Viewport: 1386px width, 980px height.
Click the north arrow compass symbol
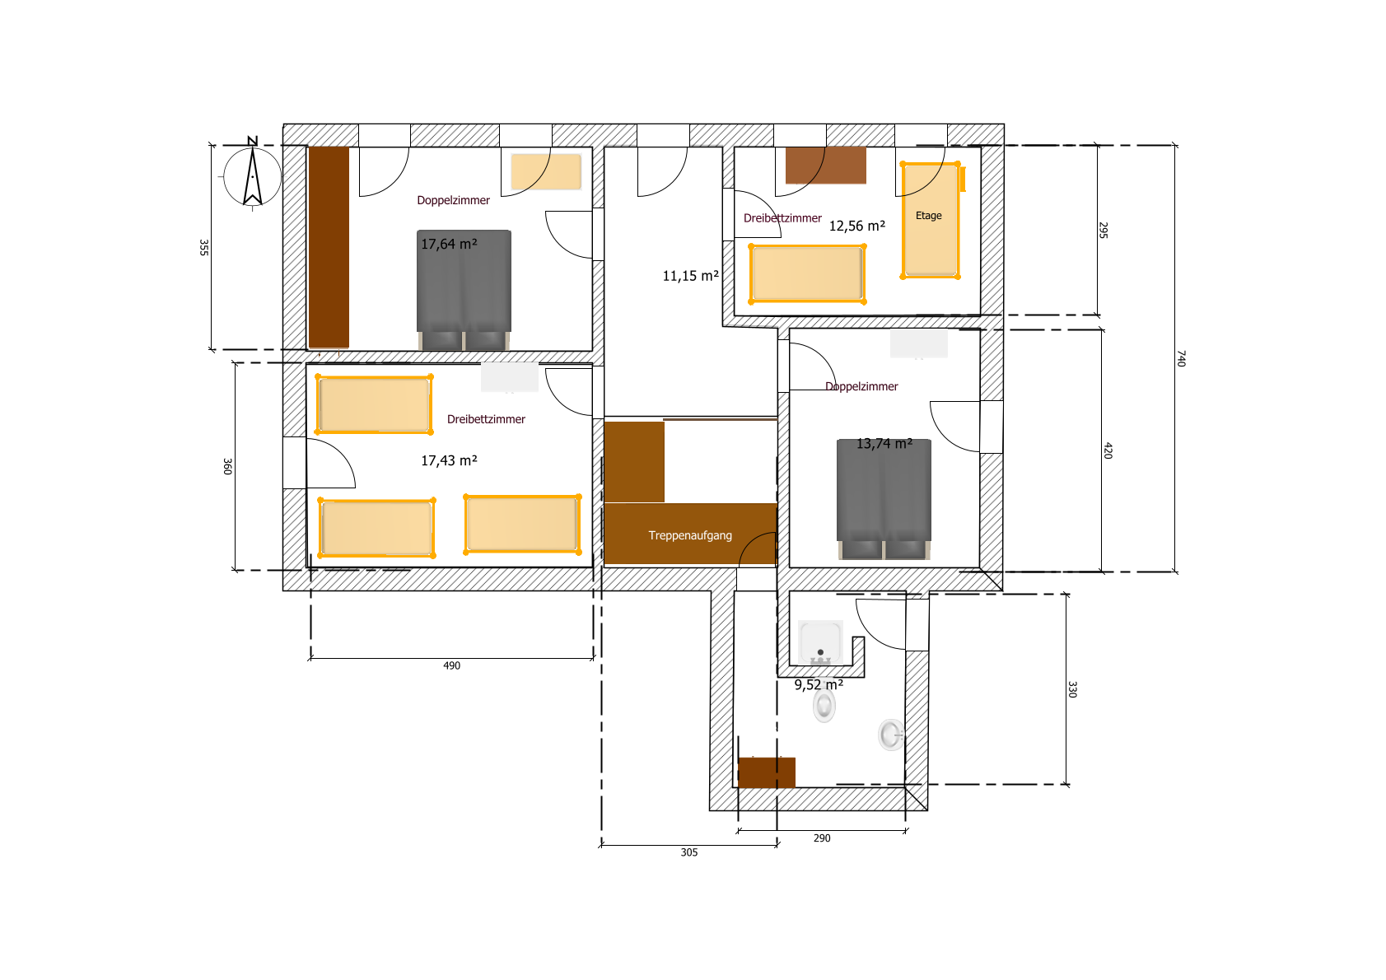coord(253,175)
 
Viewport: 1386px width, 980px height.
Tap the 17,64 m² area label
coord(449,244)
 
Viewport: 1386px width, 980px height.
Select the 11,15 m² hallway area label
coord(690,276)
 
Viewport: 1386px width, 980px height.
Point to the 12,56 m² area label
coord(857,226)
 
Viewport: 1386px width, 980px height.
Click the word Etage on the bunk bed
coord(929,215)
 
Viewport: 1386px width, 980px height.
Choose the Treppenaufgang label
coord(690,536)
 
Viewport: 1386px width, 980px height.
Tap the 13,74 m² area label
coord(884,444)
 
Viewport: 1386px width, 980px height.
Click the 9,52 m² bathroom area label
coord(819,685)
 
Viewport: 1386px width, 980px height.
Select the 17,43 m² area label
coord(449,460)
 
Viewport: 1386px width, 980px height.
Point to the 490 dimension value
coord(451,665)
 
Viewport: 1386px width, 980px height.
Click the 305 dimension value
coord(689,852)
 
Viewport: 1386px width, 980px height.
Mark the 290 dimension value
coord(822,838)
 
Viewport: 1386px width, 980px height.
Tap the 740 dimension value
coord(1181,358)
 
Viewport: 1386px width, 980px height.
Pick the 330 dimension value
coord(1072,689)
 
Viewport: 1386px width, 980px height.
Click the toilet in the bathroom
coord(824,705)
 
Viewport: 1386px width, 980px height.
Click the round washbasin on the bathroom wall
coord(891,735)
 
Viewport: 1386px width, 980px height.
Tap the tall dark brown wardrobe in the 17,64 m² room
coord(329,248)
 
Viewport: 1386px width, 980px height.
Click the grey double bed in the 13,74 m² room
coord(884,499)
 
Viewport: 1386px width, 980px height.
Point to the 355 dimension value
coord(203,248)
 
